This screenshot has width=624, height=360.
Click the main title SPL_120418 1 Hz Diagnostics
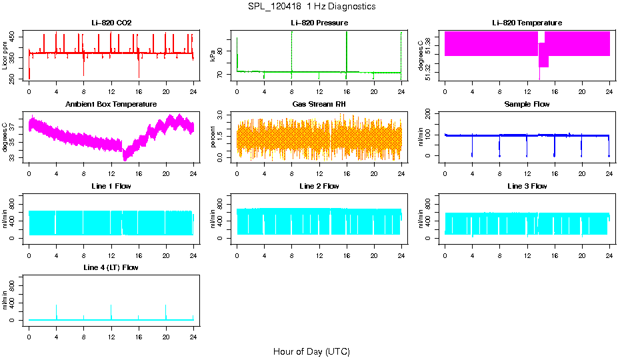(311, 7)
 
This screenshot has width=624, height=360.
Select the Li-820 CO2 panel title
(111, 23)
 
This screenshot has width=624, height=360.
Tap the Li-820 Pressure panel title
(319, 23)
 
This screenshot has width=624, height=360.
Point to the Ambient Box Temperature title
(111, 105)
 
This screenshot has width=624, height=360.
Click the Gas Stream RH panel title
(319, 105)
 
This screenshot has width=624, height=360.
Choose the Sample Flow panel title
(527, 105)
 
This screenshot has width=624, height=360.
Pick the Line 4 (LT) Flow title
(111, 267)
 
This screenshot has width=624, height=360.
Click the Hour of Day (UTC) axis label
(311, 351)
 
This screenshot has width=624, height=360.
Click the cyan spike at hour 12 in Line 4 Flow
(111, 311)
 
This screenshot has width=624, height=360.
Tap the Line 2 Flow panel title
(319, 186)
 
